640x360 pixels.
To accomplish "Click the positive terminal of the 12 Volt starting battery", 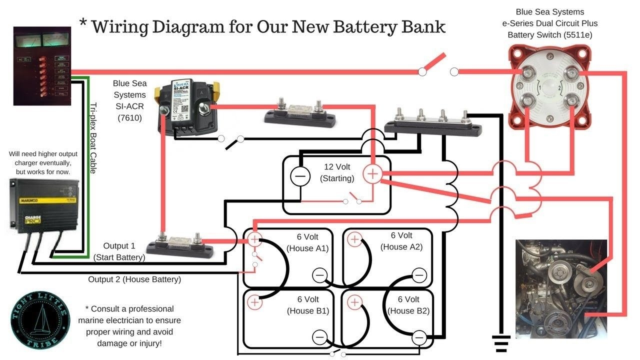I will pyautogui.click(x=372, y=174).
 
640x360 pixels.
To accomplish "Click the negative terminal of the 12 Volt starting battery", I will pyautogui.click(x=300, y=176).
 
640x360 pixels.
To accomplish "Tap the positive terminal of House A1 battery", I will pyautogui.click(x=254, y=239).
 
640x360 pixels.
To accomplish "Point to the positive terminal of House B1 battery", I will pyautogui.click(x=254, y=302).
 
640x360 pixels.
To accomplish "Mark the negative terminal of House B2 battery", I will pyautogui.click(x=419, y=337).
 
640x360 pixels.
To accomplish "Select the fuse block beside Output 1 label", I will pyautogui.click(x=179, y=246).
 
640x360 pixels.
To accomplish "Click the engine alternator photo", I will pyautogui.click(x=560, y=288).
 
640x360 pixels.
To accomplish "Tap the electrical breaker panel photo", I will pyautogui.click(x=42, y=66).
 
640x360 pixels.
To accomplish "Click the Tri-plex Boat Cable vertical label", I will pyautogui.click(x=92, y=138).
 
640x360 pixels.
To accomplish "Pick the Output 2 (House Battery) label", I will pyautogui.click(x=134, y=279).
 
